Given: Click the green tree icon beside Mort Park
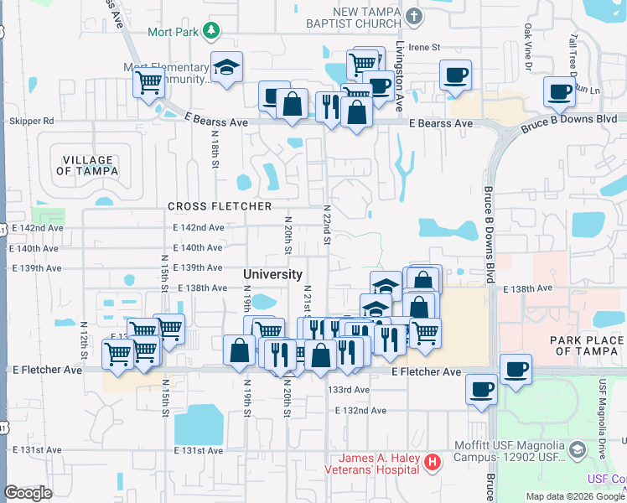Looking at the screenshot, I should coord(212,31).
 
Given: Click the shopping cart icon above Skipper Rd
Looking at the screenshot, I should coord(148,82).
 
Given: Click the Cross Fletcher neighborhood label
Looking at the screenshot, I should coord(220,206).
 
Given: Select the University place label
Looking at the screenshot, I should coord(272,274).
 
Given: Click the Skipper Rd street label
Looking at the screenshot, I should coord(31,122).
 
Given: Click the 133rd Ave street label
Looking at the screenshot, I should coord(349,390).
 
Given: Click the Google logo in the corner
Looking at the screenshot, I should coord(28,493).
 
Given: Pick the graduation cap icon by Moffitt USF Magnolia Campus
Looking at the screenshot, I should coord(577,450).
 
